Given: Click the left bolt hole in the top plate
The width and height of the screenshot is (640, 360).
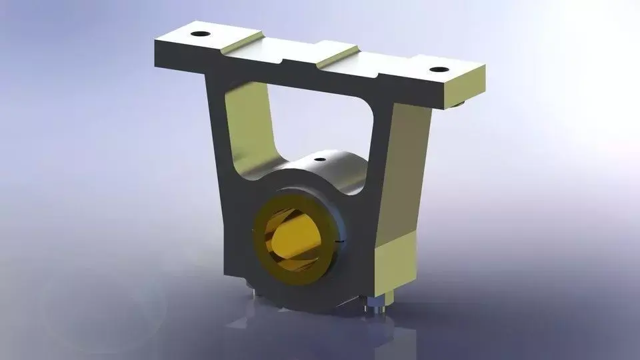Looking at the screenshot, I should [198, 33].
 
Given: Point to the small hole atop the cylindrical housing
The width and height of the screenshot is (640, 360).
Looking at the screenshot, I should [320, 159].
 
